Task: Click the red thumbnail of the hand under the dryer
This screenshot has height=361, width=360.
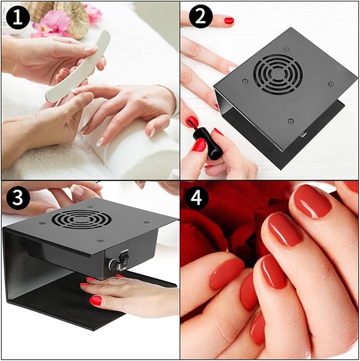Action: [x=95, y=301]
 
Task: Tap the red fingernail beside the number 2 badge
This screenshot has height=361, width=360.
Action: [x=229, y=21]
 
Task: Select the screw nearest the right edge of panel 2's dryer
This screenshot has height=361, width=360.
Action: [x=331, y=84]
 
